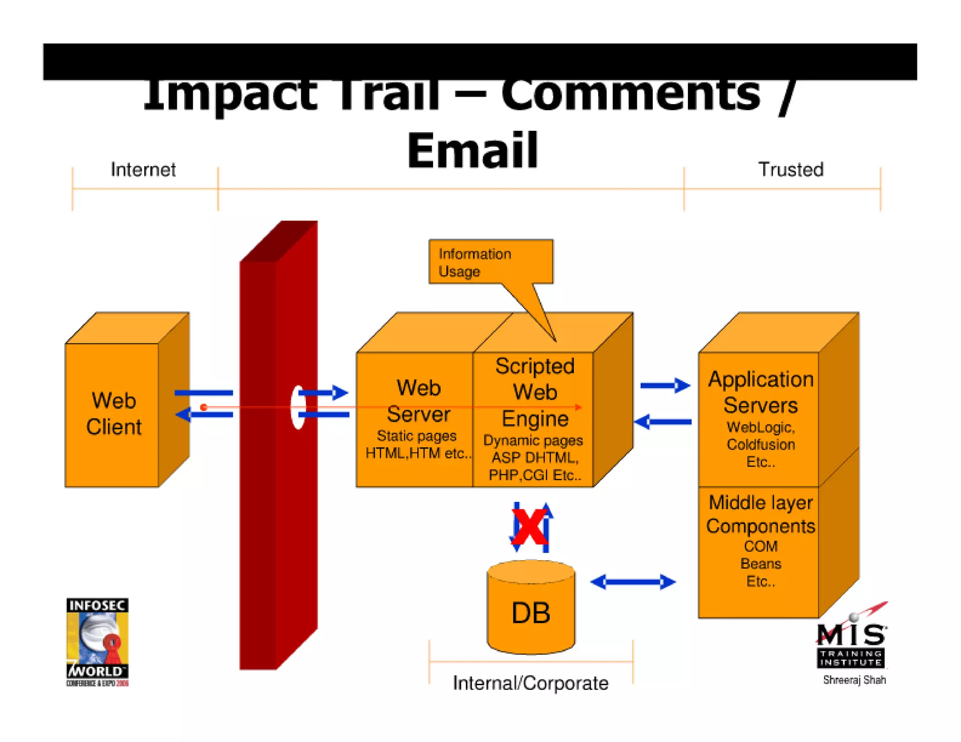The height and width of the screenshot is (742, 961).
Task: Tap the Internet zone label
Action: click(143, 169)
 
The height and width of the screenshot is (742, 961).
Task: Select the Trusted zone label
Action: click(791, 169)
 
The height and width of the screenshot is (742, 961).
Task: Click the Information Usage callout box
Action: click(490, 262)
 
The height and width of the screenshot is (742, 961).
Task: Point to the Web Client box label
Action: click(114, 414)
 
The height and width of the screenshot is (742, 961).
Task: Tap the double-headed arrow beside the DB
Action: click(633, 582)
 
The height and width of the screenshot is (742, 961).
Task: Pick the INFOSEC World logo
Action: click(97, 642)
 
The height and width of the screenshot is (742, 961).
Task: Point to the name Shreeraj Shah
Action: click(854, 680)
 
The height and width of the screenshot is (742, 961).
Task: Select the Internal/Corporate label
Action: click(530, 683)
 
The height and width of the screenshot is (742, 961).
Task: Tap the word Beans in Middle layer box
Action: click(760, 563)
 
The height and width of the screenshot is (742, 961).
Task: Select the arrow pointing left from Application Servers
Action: click(663, 422)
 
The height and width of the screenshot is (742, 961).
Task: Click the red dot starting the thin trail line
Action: click(204, 407)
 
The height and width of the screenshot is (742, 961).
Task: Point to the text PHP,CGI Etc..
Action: click(534, 475)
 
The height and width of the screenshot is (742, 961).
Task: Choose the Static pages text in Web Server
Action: click(416, 436)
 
